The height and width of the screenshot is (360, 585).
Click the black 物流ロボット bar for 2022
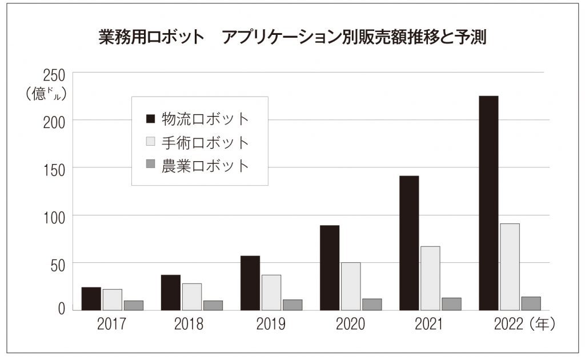pos(488,203)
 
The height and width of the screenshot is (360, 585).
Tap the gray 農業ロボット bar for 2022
pos(531,303)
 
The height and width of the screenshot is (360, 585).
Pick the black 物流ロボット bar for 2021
pos(409,243)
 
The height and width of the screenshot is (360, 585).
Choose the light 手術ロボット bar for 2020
pos(351,286)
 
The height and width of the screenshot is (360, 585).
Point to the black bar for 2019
pos(250,283)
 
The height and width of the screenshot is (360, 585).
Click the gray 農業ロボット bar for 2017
pos(134,305)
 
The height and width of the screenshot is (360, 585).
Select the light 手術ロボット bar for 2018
pos(192,297)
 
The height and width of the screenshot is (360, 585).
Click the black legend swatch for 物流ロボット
pos(150,119)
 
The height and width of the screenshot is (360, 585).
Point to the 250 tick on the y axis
pos(53,75)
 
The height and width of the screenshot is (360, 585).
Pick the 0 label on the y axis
pos(61,309)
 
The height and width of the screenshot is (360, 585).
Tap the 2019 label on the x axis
pos(271,325)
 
